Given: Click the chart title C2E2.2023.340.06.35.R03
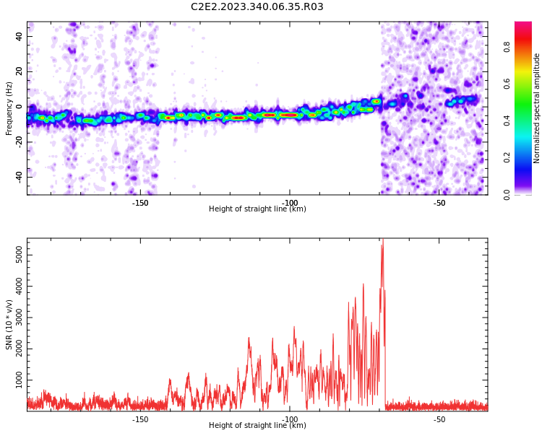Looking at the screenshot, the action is pos(257,6).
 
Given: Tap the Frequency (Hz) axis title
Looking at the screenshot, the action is pos(9,108).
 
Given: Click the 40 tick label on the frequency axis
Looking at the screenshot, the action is pos(20,36).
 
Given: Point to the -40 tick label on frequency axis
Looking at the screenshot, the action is pos(20,178).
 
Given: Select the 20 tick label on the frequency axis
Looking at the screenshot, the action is pos(20,71).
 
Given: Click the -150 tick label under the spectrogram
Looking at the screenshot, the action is pos(140,203).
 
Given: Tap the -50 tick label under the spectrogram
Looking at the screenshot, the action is pos(439,203).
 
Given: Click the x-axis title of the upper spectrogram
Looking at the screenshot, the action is pos(257,209).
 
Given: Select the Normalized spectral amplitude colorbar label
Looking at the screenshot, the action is pos(536,108).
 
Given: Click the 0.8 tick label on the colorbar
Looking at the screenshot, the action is pos(507,47).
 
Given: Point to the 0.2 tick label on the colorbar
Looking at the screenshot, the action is pos(507,157).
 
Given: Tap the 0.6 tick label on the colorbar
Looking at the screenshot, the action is pos(507,84).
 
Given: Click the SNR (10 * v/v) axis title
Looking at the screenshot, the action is pos(9,325).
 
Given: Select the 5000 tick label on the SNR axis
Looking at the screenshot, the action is pos(20,255).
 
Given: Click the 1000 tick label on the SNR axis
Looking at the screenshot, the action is pos(20,380).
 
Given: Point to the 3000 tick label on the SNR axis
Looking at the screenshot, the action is pos(20,318).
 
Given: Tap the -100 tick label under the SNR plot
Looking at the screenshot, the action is pos(290,419).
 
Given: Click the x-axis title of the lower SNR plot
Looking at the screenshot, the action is pos(257,425).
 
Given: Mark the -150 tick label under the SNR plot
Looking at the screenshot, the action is pos(140,419).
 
